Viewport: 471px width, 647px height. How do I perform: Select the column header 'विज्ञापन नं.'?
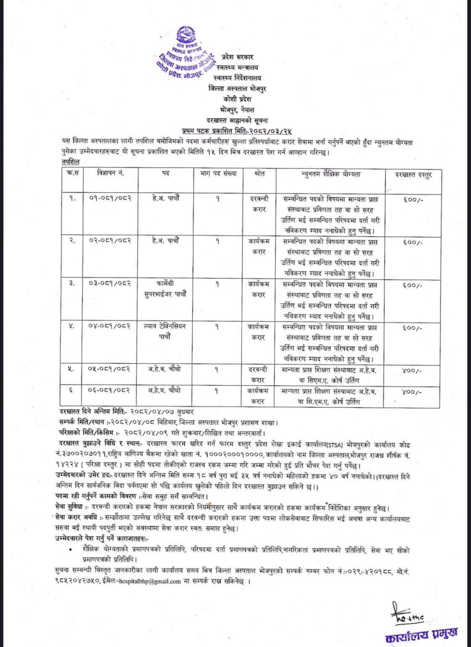pos(111,173)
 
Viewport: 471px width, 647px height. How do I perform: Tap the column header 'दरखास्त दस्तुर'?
pos(413,175)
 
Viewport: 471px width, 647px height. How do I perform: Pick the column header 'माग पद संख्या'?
pos(218,173)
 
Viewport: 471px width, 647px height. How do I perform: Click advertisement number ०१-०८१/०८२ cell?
pos(110,198)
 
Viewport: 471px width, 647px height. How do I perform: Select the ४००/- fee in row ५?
pos(412,371)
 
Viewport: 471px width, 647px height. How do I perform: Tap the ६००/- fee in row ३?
pos(412,285)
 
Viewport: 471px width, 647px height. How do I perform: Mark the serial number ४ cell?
pos(72,326)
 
